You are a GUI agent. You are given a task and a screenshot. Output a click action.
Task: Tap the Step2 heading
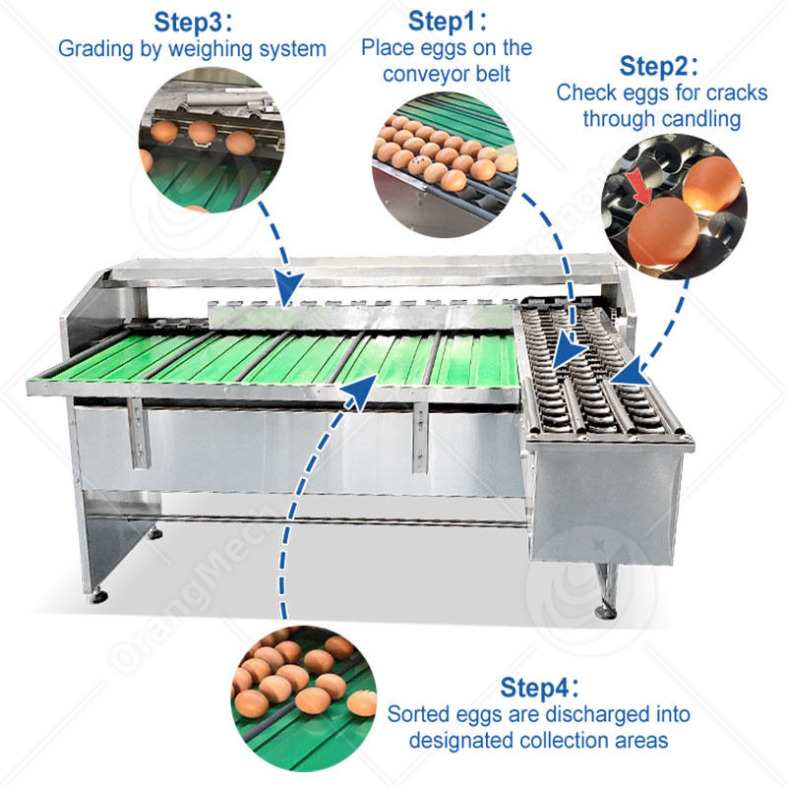point(660,67)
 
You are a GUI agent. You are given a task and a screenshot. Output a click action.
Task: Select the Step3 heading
point(193,22)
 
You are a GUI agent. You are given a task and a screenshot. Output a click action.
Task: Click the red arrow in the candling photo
point(645,190)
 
